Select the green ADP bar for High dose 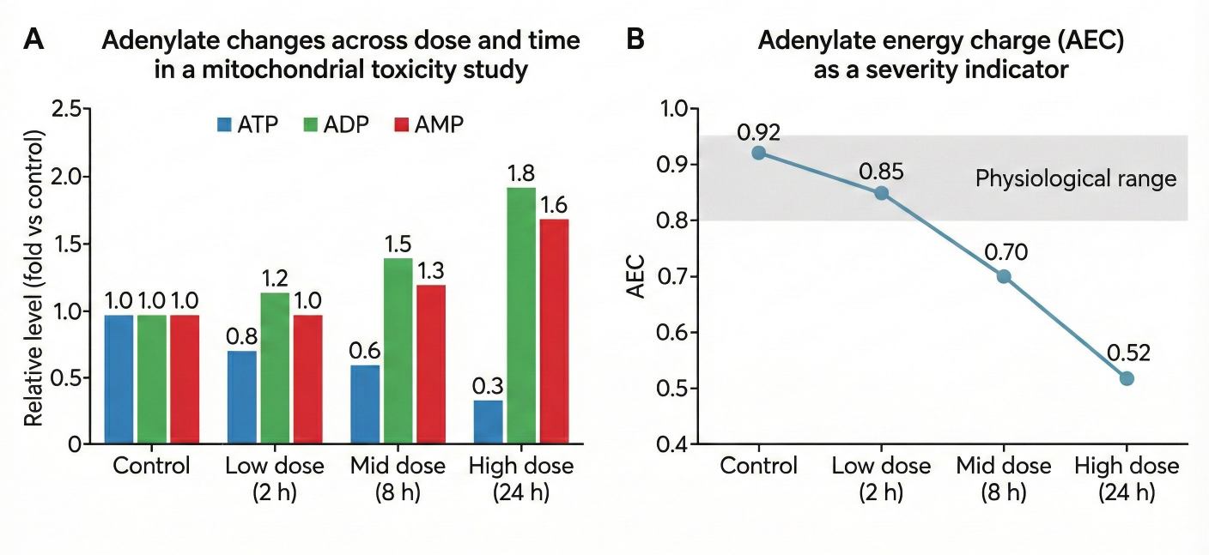point(520,315)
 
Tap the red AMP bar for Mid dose point(429,364)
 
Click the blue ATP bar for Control point(118,379)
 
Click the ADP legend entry point(336,124)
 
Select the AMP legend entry point(427,124)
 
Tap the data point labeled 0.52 point(1127,378)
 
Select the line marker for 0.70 point(1003,276)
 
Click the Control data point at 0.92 point(758,153)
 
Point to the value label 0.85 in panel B point(881,171)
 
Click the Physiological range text point(1075,179)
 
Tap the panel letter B point(636,39)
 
